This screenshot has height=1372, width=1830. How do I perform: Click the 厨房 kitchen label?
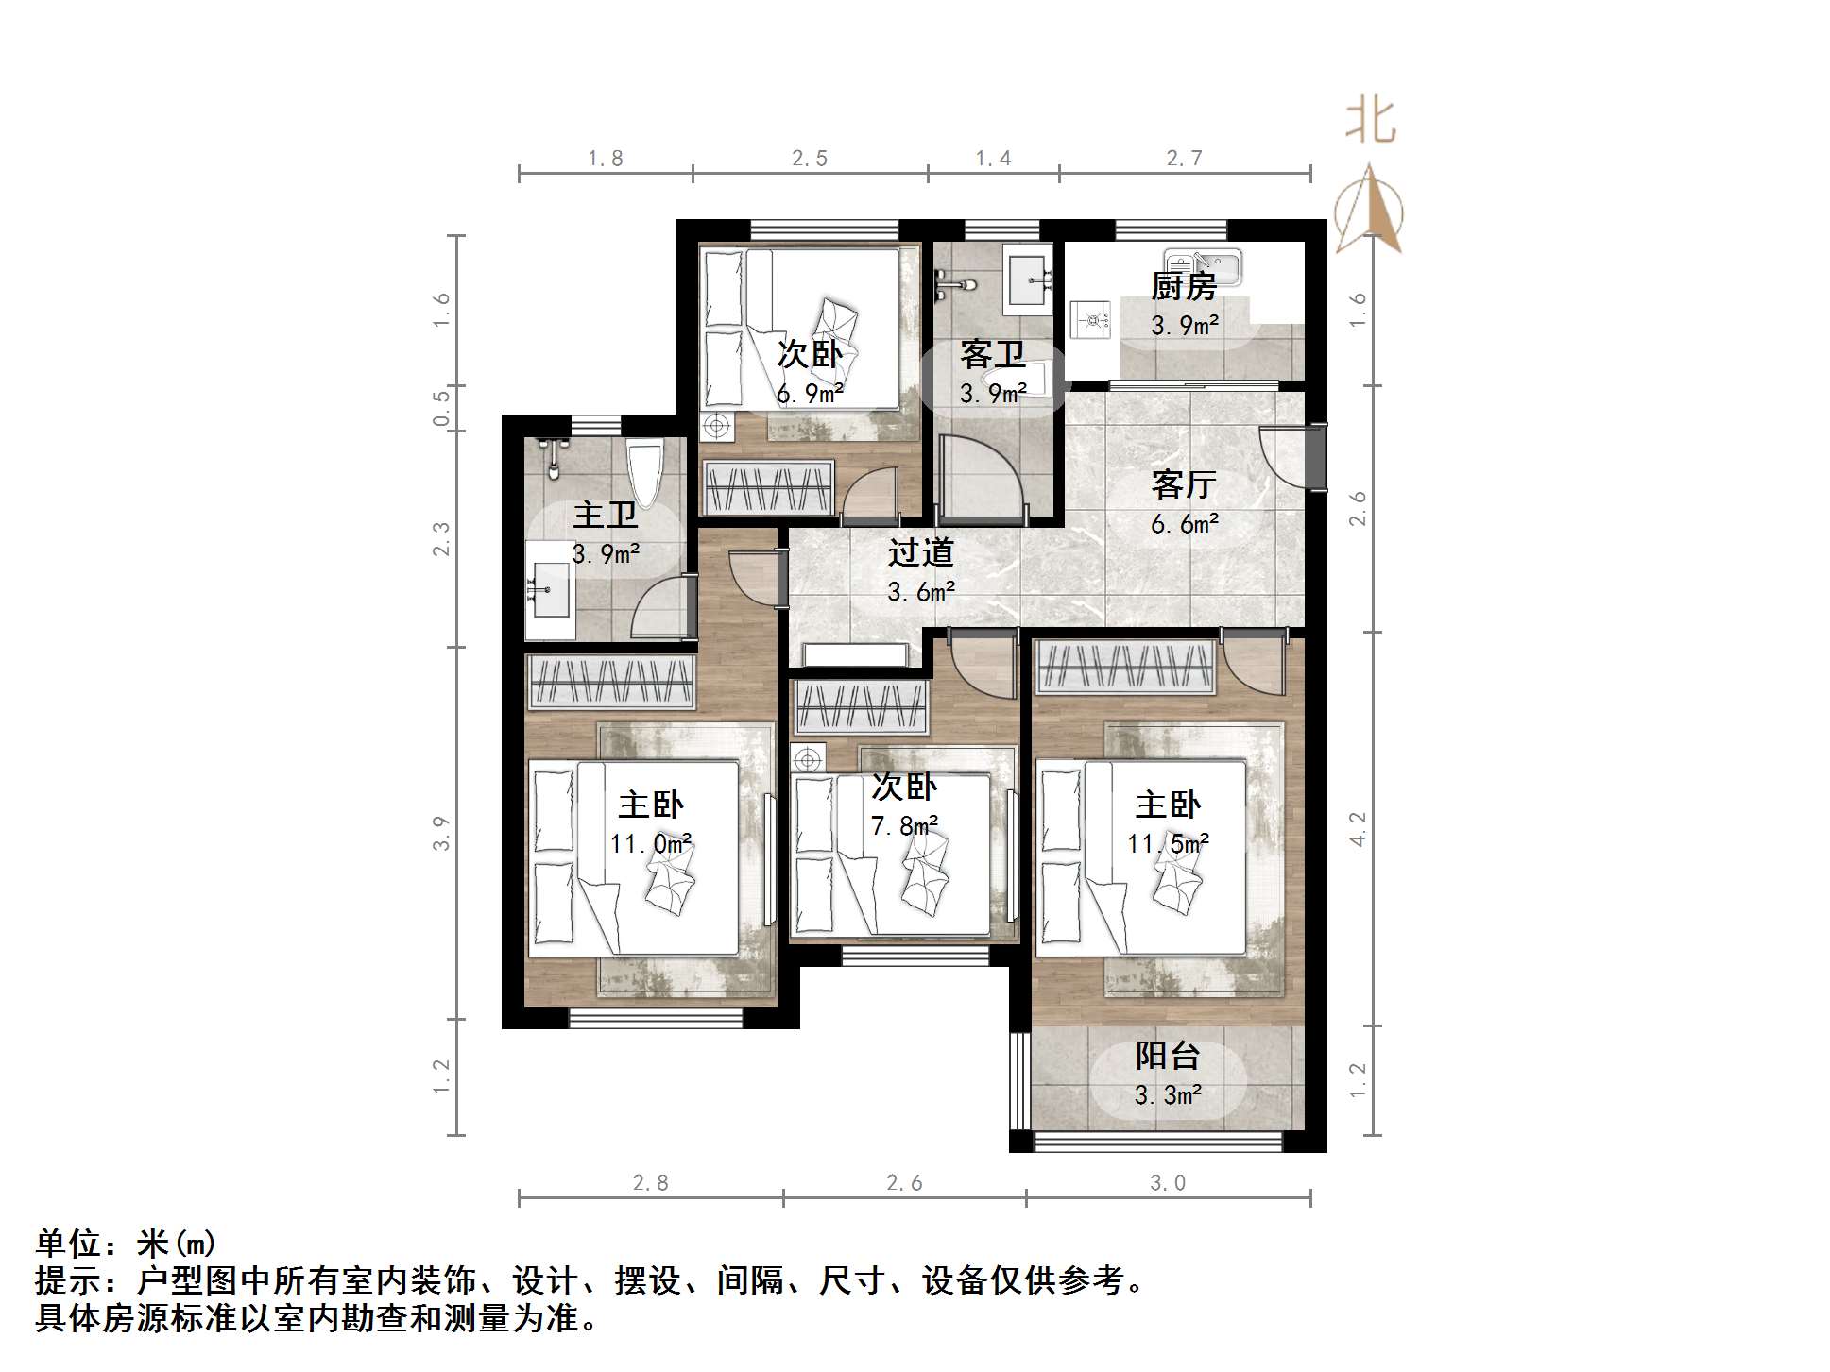pyautogui.click(x=1183, y=284)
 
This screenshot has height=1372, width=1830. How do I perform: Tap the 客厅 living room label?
pyautogui.click(x=1183, y=484)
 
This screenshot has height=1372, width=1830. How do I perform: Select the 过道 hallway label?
pyautogui.click(x=920, y=552)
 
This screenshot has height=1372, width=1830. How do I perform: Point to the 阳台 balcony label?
pyautogui.click(x=1168, y=1056)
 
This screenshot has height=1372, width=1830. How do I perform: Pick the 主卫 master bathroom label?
pyautogui.click(x=605, y=515)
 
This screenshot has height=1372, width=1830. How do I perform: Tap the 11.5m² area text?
pyautogui.click(x=1168, y=843)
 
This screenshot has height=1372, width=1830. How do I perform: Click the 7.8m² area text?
pyautogui.click(x=904, y=826)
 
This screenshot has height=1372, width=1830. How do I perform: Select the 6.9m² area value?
pyautogui.click(x=810, y=393)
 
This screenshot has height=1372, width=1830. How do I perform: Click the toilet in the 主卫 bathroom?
pyautogui.click(x=647, y=473)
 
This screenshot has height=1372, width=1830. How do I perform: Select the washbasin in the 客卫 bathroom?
pyautogui.click(x=1027, y=277)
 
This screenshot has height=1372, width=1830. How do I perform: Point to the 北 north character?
pyautogui.click(x=1371, y=122)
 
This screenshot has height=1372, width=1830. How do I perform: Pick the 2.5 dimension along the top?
pyautogui.click(x=809, y=159)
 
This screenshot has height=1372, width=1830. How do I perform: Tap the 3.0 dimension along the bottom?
pyautogui.click(x=1167, y=1183)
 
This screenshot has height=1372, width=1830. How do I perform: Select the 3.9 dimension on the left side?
pyautogui.click(x=441, y=833)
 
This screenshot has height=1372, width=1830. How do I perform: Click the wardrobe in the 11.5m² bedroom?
pyautogui.click(x=1124, y=666)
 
